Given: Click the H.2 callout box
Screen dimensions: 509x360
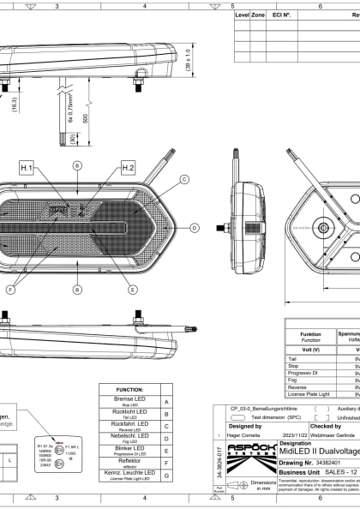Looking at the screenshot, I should (128, 168).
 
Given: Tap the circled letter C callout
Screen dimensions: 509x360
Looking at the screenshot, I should (183, 180).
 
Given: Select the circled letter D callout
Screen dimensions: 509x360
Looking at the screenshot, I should (194, 228).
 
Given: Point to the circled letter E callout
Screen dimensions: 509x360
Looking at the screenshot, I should (132, 290).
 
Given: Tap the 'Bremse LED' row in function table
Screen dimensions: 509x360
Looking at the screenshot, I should (132, 402).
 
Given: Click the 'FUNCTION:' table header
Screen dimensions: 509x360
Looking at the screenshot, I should (132, 389).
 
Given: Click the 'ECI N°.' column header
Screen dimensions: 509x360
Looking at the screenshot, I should (281, 15).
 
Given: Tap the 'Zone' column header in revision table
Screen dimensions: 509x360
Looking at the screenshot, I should (257, 15).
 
